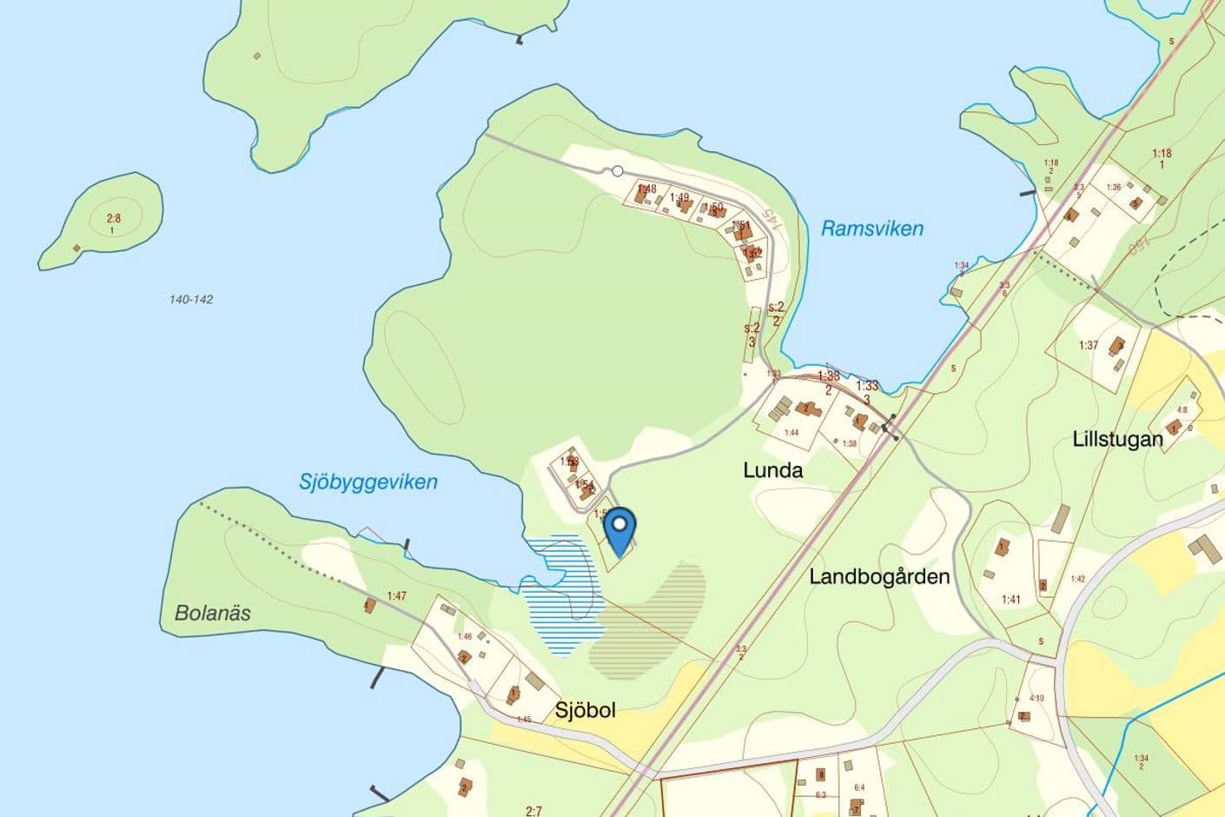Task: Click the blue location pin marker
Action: tap(619, 526)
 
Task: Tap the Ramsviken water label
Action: tap(871, 229)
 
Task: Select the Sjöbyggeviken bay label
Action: tap(368, 482)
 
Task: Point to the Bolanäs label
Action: tap(213, 613)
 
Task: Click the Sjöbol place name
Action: tap(585, 710)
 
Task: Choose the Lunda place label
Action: tap(772, 470)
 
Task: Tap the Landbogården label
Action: tap(879, 576)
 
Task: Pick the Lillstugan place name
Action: tap(1117, 439)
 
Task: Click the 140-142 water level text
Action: tap(191, 299)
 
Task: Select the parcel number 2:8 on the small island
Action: tap(114, 219)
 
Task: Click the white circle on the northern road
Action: tap(618, 171)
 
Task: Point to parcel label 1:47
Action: tap(397, 595)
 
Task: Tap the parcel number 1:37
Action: tap(1088, 345)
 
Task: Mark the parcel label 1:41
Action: tap(1010, 599)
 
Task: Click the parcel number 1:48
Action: tap(646, 189)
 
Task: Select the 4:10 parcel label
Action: tap(1036, 698)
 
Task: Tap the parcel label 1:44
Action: tap(791, 432)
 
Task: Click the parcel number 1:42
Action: tap(1078, 579)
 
